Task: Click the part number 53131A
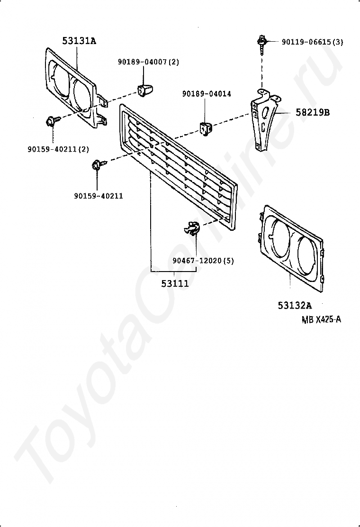(x=79, y=41)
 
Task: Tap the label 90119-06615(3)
(x=312, y=42)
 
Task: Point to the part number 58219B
(x=313, y=113)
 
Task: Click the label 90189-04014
(x=207, y=94)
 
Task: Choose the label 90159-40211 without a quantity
(x=98, y=196)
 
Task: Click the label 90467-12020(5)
(x=203, y=261)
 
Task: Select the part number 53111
(x=175, y=283)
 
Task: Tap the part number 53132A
(x=294, y=305)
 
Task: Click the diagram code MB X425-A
(x=321, y=319)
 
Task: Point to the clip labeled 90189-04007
(x=144, y=89)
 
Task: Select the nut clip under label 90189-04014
(x=205, y=128)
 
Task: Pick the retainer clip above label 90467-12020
(x=191, y=228)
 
